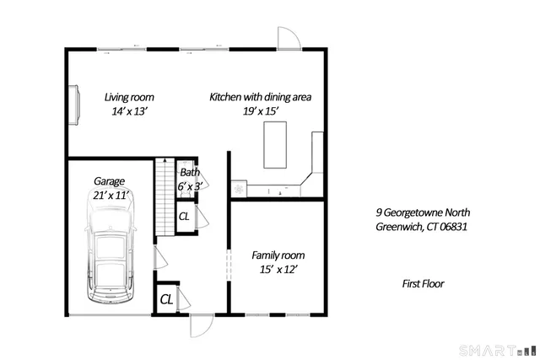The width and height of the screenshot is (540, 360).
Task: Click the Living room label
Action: click(x=129, y=97)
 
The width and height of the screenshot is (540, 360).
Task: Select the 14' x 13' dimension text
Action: click(x=129, y=111)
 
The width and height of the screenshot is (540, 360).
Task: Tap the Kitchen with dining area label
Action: click(x=261, y=97)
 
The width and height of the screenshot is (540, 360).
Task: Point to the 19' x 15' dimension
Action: click(x=261, y=111)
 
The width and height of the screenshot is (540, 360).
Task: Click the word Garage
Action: click(x=110, y=181)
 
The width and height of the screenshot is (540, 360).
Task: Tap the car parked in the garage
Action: click(x=111, y=259)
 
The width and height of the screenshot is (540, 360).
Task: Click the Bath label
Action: click(x=190, y=173)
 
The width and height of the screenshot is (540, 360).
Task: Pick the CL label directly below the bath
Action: click(x=184, y=217)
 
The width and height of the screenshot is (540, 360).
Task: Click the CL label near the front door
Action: click(x=166, y=298)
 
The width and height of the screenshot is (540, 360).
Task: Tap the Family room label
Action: click(x=278, y=255)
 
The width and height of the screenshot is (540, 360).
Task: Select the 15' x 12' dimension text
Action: click(x=278, y=270)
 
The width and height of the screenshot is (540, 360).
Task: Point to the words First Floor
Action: click(x=423, y=284)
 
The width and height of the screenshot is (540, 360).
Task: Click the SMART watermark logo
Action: click(x=496, y=350)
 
